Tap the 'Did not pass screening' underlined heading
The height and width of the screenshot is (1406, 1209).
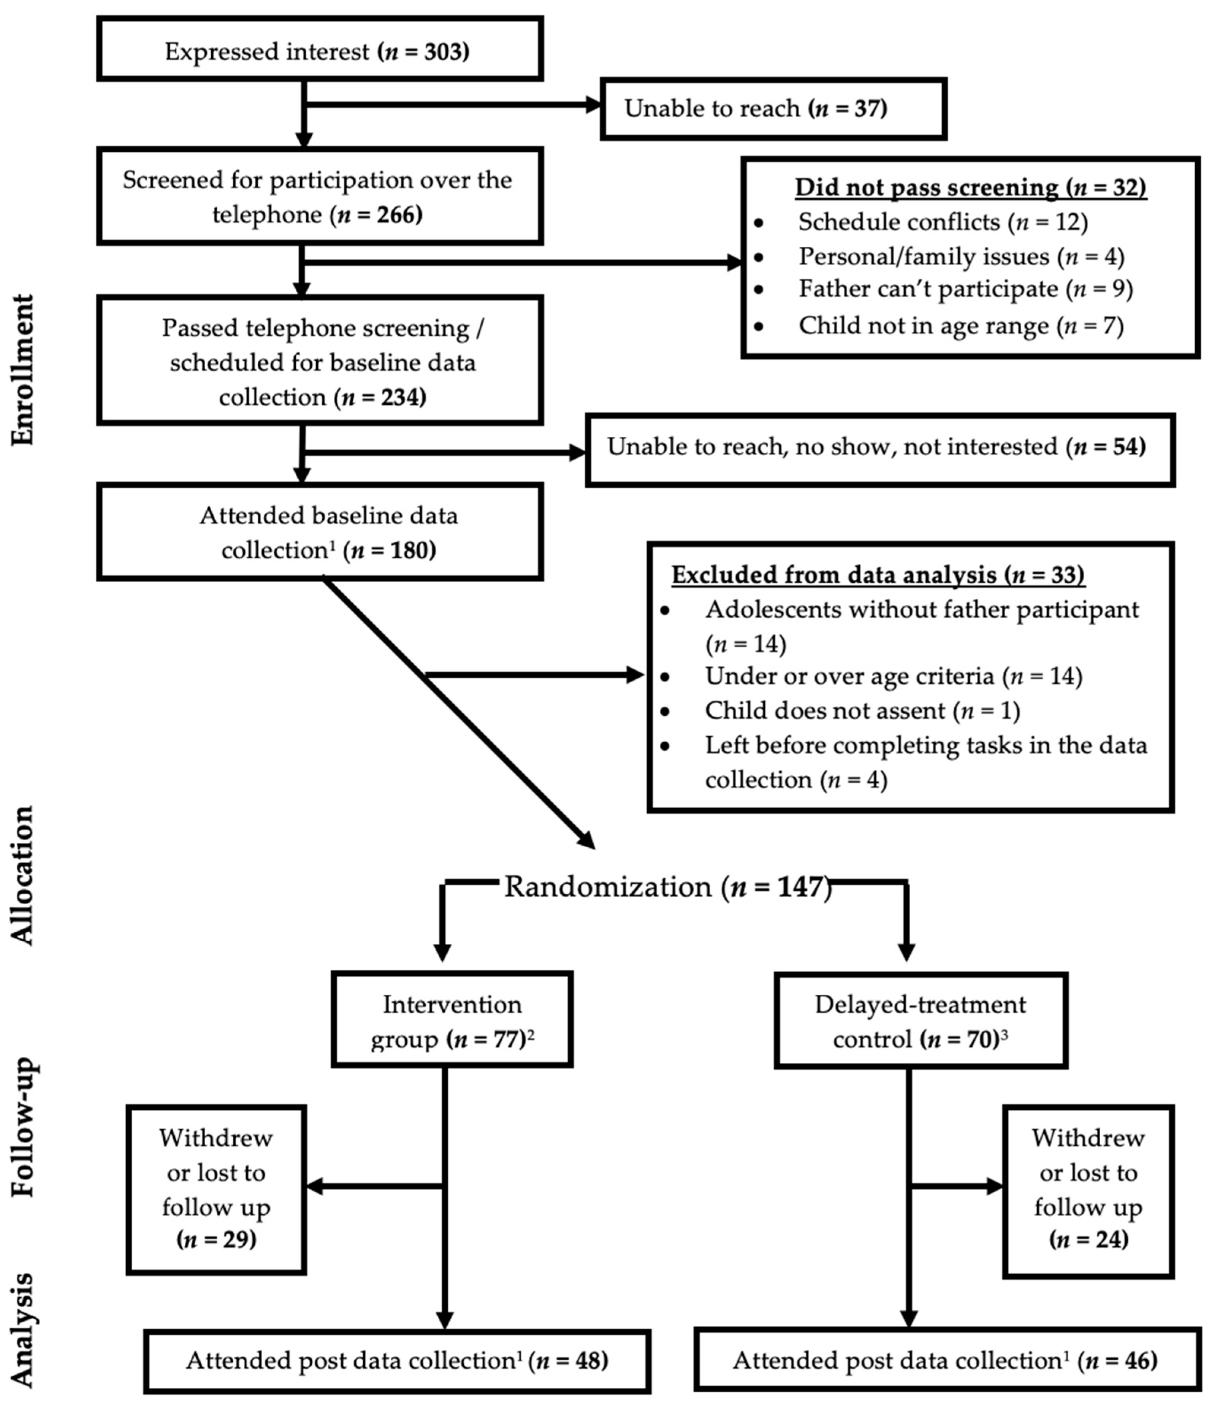(970, 187)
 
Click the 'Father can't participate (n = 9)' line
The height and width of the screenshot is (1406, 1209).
(965, 289)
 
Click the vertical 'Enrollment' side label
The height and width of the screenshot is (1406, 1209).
(22, 370)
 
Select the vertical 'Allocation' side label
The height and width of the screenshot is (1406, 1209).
(22, 875)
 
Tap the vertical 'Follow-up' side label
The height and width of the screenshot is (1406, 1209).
(22, 1126)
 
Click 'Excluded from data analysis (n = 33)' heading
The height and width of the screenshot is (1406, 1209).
(878, 575)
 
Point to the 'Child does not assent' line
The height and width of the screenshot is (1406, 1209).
(862, 710)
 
